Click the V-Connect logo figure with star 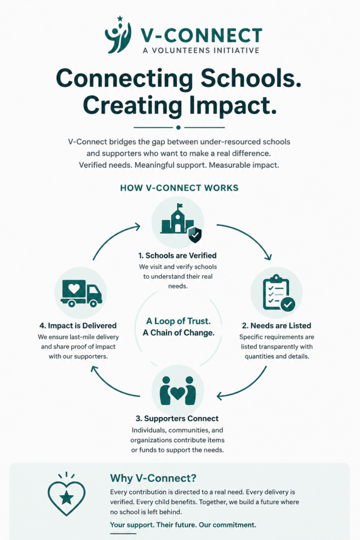118,35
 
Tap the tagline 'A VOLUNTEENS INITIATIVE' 201,50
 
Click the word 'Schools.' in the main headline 250,79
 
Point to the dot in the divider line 178,128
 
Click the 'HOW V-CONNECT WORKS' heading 179,188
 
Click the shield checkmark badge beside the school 195,235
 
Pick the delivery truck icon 81,293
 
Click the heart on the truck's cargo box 74,288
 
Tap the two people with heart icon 178,391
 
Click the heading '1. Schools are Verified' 178,256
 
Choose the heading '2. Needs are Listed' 276,325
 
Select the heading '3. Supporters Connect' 177,418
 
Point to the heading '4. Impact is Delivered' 78,325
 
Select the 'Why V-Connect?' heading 153,478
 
